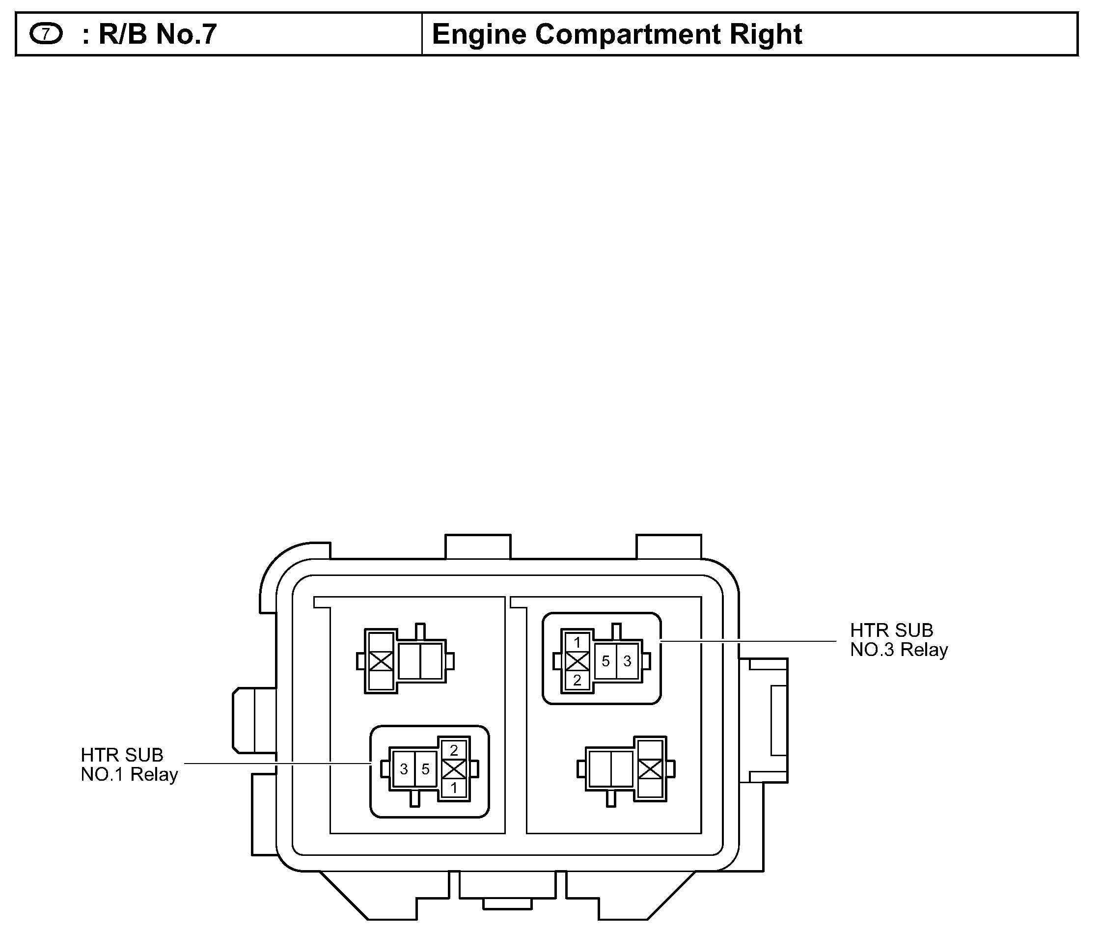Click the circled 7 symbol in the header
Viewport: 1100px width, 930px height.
click(x=46, y=34)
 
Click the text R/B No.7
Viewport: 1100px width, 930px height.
click(x=157, y=34)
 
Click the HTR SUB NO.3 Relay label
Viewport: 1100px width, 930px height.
click(x=899, y=640)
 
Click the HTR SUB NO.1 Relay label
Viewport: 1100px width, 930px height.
click(x=129, y=765)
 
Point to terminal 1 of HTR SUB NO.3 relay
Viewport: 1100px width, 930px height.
click(x=577, y=642)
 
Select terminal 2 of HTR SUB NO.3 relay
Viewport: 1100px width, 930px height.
click(x=577, y=680)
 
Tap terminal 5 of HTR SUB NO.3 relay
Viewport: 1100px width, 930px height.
click(x=605, y=661)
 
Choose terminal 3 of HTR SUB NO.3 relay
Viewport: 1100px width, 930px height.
click(x=627, y=661)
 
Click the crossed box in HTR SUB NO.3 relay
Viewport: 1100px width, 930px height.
click(x=577, y=661)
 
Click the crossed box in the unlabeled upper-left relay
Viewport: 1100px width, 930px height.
click(x=381, y=661)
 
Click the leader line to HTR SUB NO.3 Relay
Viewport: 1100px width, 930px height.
click(x=749, y=641)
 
